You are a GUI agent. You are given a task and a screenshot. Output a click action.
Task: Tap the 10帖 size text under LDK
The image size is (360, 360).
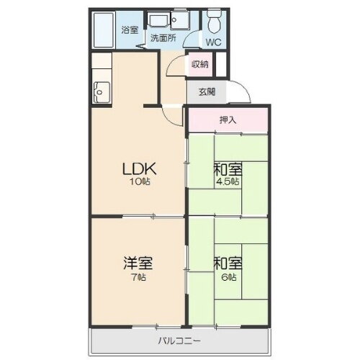[139, 182]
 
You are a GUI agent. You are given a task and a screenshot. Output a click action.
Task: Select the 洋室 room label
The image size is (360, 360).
[137, 264]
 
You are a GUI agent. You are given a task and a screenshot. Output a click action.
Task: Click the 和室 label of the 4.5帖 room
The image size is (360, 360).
[227, 170]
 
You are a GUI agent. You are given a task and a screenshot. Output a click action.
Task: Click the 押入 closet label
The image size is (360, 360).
[228, 120]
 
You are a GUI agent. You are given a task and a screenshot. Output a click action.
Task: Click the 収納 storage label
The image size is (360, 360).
[199, 65]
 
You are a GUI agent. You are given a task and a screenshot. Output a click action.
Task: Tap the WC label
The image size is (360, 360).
[215, 42]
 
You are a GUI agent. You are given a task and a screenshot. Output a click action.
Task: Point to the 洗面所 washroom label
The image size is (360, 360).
[163, 39]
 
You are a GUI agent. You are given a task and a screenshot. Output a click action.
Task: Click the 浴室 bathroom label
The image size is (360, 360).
[130, 31]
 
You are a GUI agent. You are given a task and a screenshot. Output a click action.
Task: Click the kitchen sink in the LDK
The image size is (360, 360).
[100, 91]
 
